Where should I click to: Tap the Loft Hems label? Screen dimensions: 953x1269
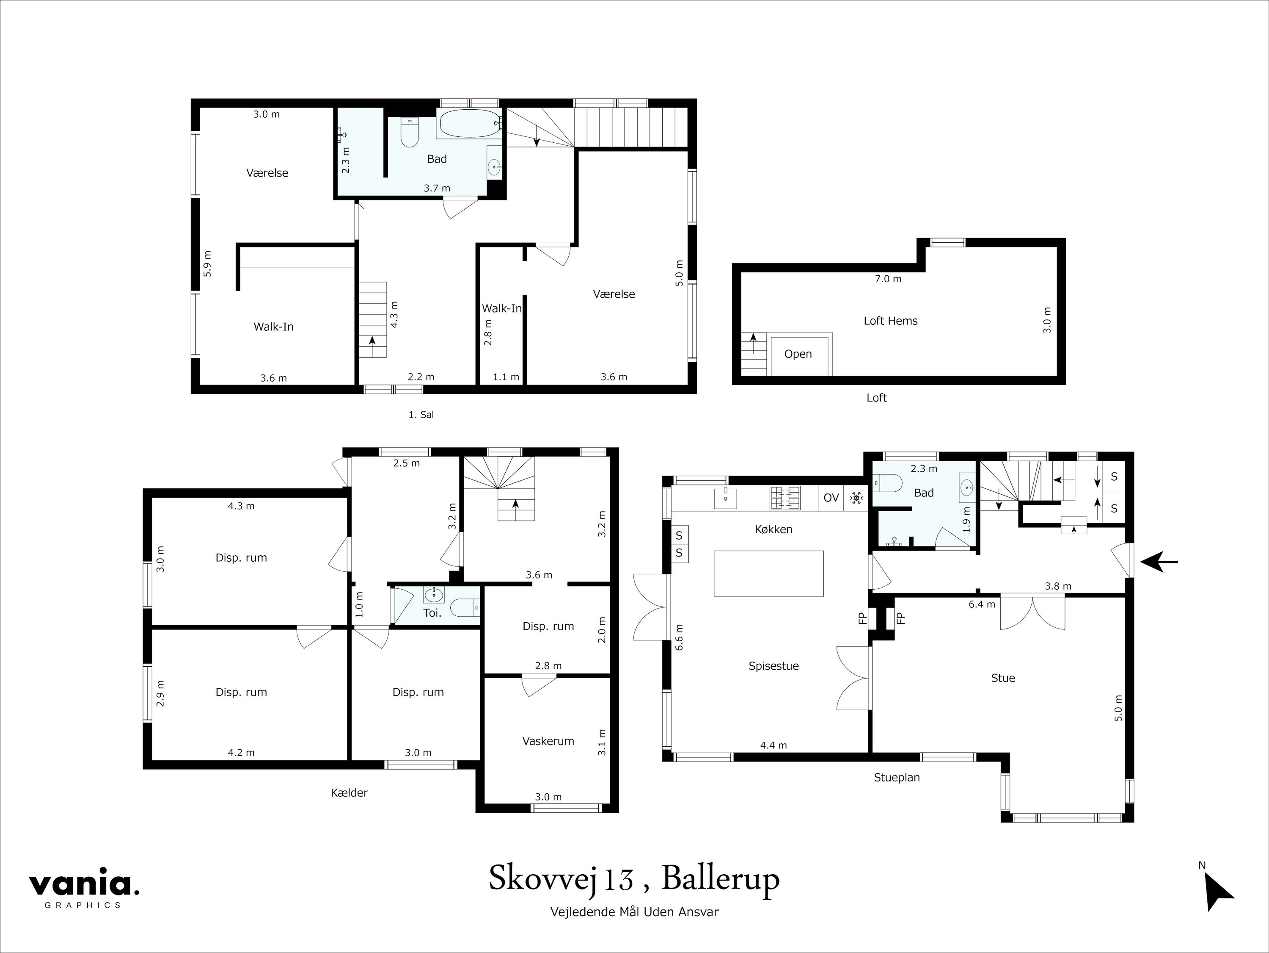click(890, 321)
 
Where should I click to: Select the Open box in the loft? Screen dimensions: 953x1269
click(798, 354)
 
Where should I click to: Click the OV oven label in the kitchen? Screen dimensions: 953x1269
click(831, 498)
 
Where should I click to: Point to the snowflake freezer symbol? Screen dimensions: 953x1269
click(856, 498)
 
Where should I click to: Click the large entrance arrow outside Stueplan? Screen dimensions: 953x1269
click(1159, 562)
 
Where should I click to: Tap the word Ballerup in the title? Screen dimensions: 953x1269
click(721, 878)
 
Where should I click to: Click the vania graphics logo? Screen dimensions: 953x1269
click(84, 887)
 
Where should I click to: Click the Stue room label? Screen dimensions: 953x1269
click(1003, 678)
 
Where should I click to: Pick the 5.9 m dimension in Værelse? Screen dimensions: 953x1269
click(208, 263)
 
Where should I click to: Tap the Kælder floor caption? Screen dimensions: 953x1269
click(349, 793)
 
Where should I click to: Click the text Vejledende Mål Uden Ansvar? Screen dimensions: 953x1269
click(634, 911)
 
